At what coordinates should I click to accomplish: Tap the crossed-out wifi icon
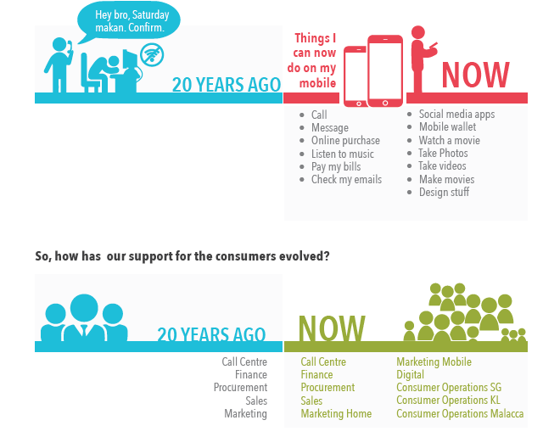153,56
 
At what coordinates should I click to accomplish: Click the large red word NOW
474,76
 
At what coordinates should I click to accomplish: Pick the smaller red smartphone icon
355,76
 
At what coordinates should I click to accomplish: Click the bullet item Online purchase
345,141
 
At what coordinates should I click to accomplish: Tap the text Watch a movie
449,141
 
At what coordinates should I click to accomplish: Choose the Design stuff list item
444,193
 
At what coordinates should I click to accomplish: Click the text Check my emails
346,180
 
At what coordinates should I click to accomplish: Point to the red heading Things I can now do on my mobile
316,60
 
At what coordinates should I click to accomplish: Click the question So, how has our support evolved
182,255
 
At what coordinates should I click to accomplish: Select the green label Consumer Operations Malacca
460,414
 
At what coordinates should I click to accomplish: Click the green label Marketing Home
336,414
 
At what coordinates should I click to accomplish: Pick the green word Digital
410,375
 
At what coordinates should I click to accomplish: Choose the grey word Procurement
240,388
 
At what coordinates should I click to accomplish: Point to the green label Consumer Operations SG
449,388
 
